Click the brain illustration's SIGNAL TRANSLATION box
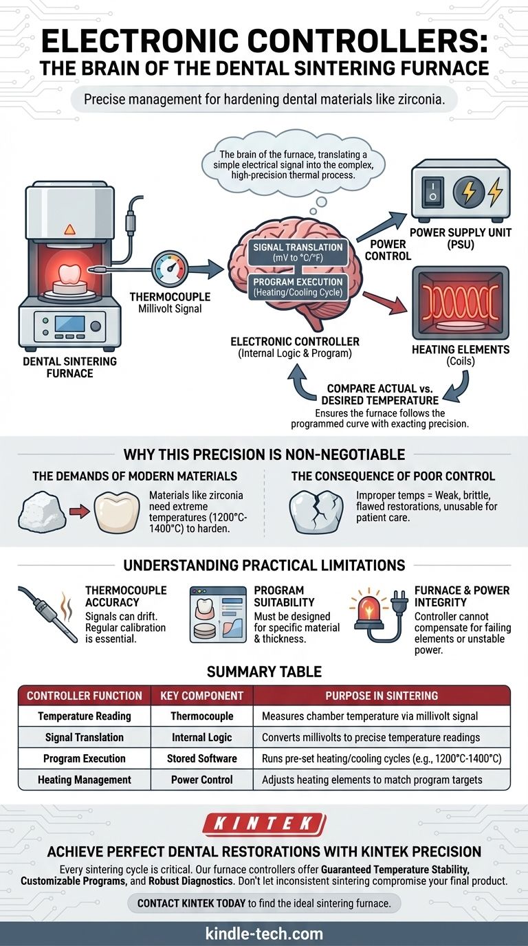(x=298, y=252)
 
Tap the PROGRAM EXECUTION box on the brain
(x=297, y=287)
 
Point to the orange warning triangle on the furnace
(x=69, y=230)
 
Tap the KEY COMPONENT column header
(x=201, y=695)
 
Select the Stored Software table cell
(x=201, y=758)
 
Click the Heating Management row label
(x=84, y=780)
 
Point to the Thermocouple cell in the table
(x=201, y=716)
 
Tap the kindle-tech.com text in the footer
(x=264, y=934)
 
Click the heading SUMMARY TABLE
(x=264, y=671)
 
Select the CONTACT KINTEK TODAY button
(x=264, y=903)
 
